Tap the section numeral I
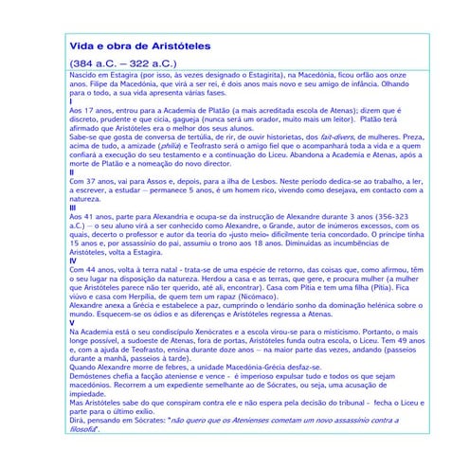pos(71,101)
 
